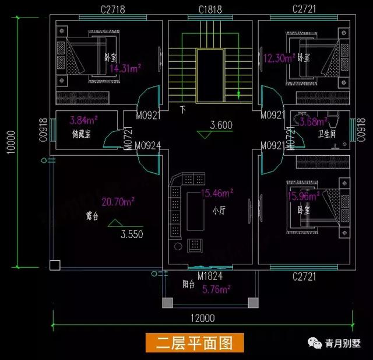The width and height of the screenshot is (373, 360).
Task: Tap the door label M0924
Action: click(x=149, y=145)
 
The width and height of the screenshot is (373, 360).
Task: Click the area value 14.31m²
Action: click(x=125, y=68)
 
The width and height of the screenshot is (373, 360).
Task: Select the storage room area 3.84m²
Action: click(x=83, y=121)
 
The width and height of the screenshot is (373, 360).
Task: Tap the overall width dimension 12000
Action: click(x=202, y=318)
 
